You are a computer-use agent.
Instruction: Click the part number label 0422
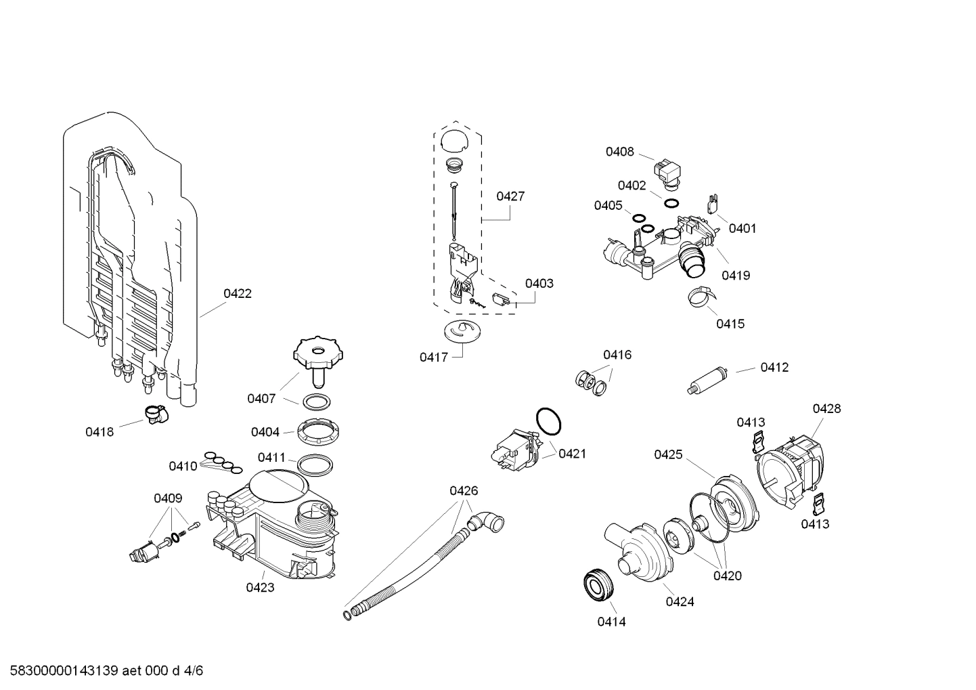tap(238, 293)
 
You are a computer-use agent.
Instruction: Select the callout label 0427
tap(510, 196)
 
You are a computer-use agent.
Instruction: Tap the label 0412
tap(774, 367)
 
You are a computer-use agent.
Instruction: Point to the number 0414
tap(611, 622)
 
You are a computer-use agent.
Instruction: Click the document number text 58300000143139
tap(65, 671)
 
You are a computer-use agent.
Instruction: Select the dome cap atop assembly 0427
tap(453, 140)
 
